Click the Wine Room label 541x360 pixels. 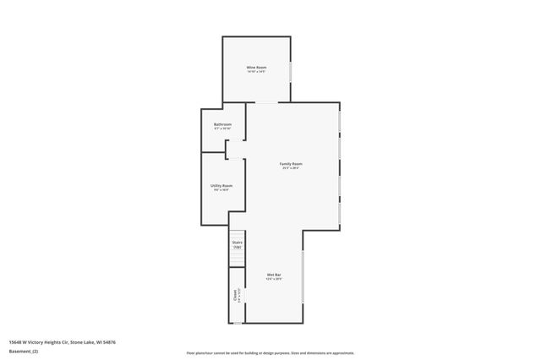256,67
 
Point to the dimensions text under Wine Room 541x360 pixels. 256,72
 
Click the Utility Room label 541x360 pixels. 221,185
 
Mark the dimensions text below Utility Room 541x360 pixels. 221,190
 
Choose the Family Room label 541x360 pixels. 292,163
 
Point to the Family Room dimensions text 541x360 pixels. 292,168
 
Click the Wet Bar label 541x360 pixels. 274,274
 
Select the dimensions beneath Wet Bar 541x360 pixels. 274,279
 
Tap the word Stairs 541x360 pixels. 238,243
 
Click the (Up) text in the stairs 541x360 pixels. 238,247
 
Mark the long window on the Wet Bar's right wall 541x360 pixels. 303,275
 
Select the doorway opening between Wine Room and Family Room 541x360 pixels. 266,103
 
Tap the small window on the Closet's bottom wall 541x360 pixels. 238,322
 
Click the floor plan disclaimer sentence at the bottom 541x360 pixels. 270,352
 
